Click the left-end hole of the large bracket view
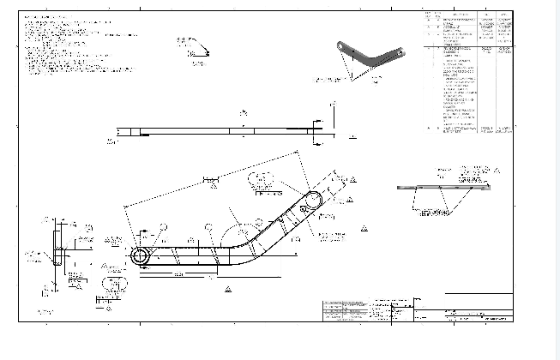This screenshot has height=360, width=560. point(140,256)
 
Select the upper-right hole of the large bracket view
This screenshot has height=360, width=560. point(313,201)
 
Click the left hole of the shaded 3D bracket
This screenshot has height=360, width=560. point(342,44)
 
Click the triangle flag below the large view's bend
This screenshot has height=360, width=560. point(229,290)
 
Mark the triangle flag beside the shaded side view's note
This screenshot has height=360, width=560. point(497,171)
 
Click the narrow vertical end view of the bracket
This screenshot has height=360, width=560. point(57,249)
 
